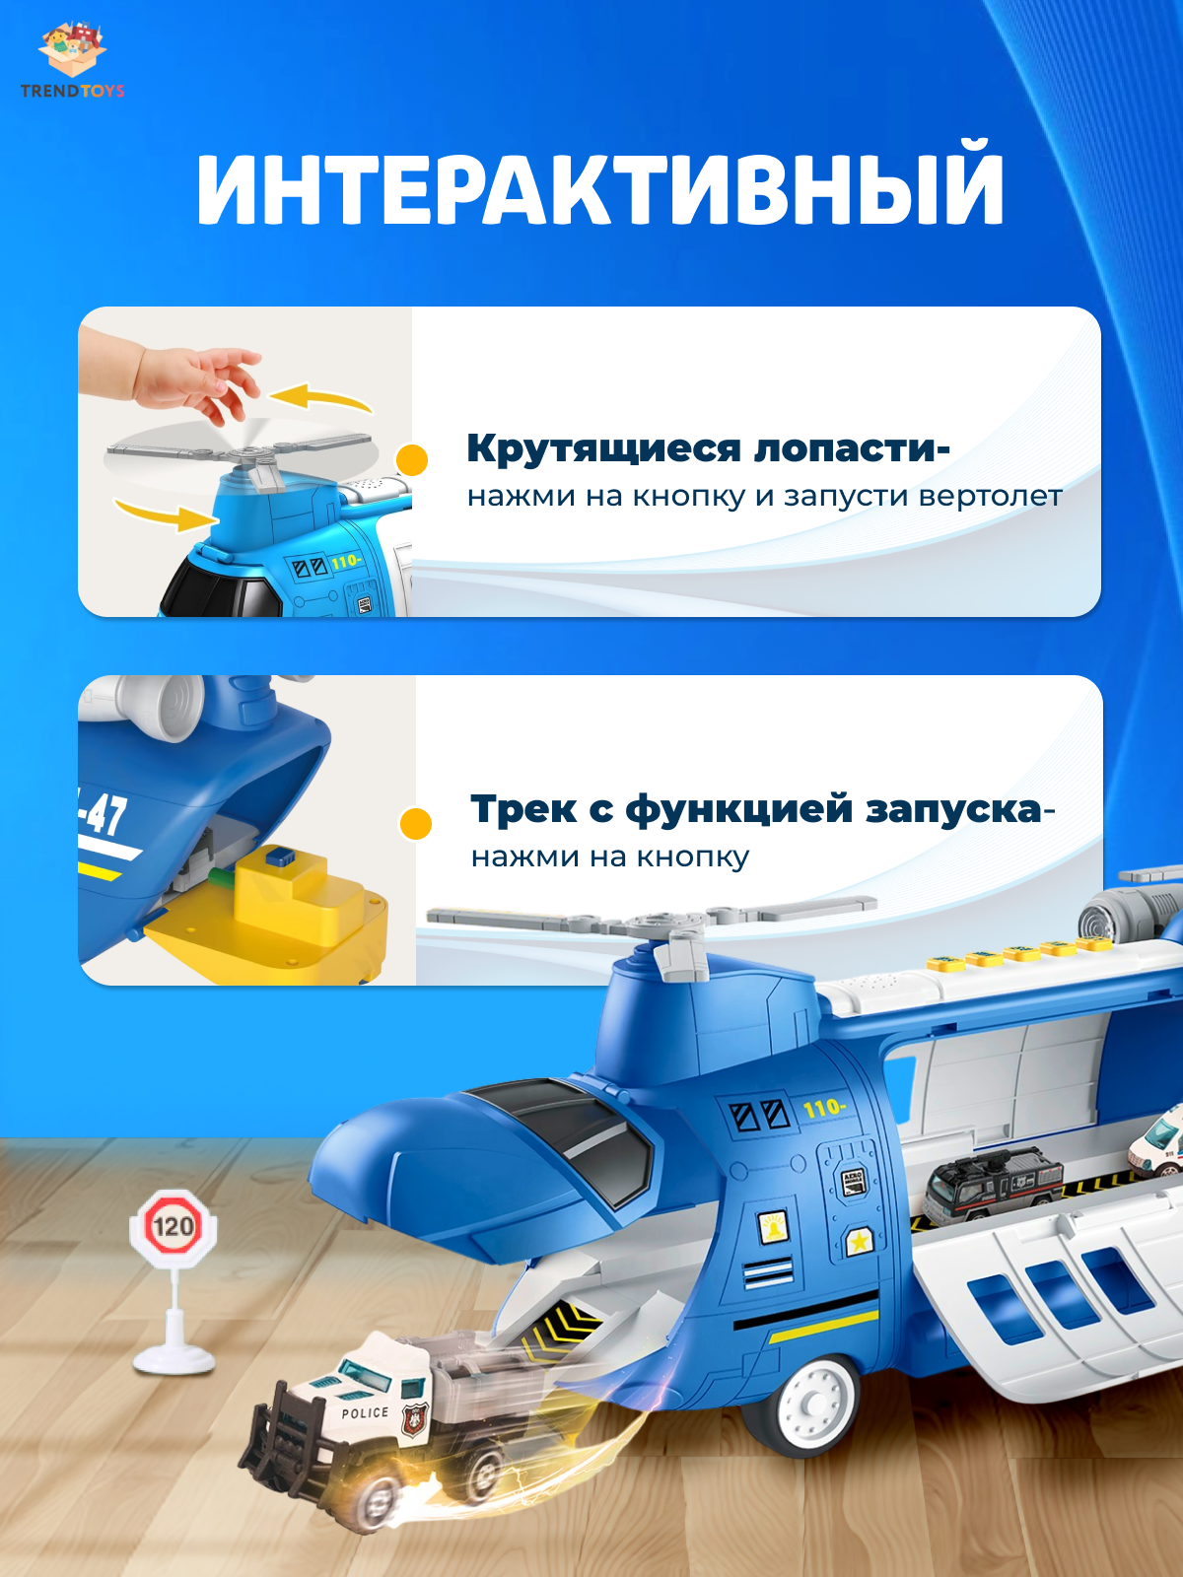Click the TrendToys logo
tap(73, 60)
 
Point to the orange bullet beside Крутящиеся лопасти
tap(412, 460)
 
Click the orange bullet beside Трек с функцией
tap(416, 823)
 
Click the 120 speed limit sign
tap(174, 1224)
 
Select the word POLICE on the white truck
tap(364, 1412)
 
